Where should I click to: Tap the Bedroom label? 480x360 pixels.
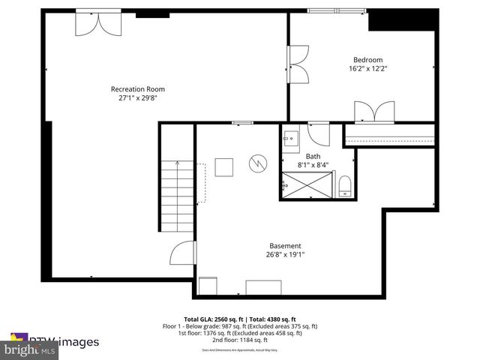point(368,60)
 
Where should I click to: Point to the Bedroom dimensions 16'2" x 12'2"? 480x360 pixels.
point(368,69)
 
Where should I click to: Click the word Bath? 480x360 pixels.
point(312,156)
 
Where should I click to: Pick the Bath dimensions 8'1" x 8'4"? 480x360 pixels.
point(312,164)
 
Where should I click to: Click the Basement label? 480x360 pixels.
point(285,245)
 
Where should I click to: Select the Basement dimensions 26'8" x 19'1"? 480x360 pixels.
point(285,254)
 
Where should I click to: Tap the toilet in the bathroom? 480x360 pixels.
point(345,185)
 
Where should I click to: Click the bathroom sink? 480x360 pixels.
point(291,137)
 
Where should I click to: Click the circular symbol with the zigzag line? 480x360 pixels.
point(257,162)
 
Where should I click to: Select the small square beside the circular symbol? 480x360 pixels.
point(224,166)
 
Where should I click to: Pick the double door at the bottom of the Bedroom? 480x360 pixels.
point(374,112)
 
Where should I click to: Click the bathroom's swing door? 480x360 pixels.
point(318,135)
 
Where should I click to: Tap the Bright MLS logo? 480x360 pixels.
point(30,349)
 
